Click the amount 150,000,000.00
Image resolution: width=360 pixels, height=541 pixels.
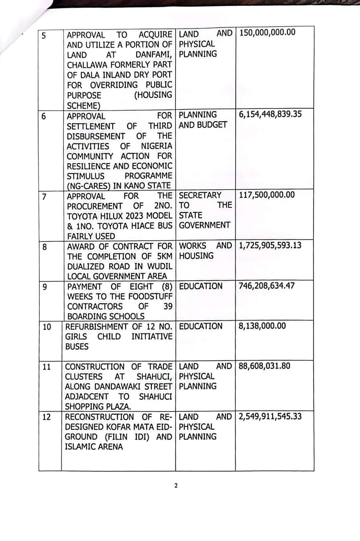[x=267, y=32]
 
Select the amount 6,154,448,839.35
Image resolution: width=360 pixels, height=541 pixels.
[x=270, y=114]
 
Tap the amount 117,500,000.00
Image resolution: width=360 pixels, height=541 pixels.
[x=267, y=195]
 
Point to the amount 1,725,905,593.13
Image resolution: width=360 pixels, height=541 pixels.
[x=270, y=245]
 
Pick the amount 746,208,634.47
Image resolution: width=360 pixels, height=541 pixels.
[x=266, y=286]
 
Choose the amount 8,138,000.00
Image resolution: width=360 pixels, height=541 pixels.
[x=262, y=326]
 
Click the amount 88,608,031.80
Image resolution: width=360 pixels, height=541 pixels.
[x=264, y=366]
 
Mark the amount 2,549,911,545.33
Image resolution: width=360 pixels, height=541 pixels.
[x=270, y=417]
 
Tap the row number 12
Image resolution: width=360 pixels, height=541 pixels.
[x=47, y=417]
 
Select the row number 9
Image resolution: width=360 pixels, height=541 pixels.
[x=45, y=287]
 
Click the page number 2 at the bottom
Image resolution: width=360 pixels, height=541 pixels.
[x=176, y=486]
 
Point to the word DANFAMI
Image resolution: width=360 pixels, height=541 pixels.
[x=154, y=55]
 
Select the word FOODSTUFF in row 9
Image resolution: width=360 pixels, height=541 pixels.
[x=150, y=297]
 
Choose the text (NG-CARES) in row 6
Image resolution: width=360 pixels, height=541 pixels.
[x=89, y=186]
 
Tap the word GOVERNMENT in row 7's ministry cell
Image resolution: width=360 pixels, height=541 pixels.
[x=204, y=225]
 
